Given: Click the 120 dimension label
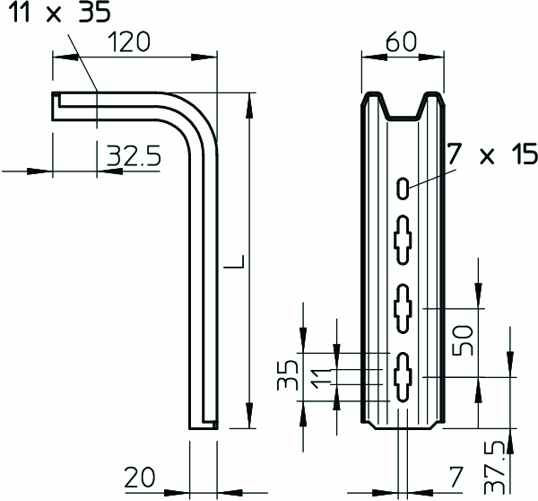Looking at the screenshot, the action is click(x=129, y=42).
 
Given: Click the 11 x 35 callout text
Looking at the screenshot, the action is click(x=59, y=12).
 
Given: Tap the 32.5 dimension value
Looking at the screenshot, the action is click(x=133, y=156).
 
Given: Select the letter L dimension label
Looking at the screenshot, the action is click(x=234, y=261).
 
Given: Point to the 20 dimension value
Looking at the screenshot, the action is click(x=139, y=478).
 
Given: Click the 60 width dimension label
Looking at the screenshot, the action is click(x=401, y=42).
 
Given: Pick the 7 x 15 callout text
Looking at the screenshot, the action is click(x=491, y=154).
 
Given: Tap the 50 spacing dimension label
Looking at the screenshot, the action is click(x=463, y=340).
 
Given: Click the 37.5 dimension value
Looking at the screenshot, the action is click(x=494, y=468).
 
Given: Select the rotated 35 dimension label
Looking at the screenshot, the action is click(x=287, y=375).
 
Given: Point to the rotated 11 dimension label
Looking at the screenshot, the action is click(x=322, y=378).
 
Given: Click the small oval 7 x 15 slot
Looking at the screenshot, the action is click(x=403, y=188).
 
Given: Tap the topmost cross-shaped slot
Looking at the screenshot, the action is click(x=403, y=240).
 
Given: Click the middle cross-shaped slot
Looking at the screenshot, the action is click(x=403, y=309).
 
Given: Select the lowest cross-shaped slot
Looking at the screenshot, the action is click(x=403, y=377).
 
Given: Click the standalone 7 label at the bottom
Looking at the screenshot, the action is click(x=456, y=477).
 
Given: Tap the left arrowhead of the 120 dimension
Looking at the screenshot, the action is click(x=65, y=57).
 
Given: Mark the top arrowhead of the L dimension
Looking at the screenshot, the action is click(x=250, y=106).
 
